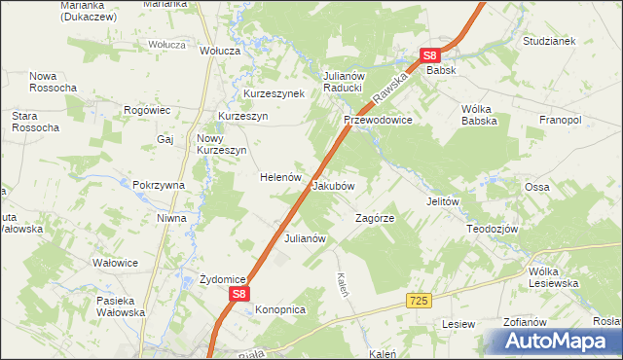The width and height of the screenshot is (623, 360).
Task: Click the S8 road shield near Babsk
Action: coord(431,55)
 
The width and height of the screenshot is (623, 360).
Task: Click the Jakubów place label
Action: coord(333,185)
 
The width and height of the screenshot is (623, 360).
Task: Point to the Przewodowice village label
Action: coord(378,120)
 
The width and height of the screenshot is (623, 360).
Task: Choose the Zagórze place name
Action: coord(375,218)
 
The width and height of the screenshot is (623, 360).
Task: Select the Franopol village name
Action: coord(560,120)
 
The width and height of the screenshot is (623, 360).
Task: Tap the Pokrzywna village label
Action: coord(159,185)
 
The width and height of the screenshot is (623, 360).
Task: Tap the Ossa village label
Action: coord(537,187)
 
